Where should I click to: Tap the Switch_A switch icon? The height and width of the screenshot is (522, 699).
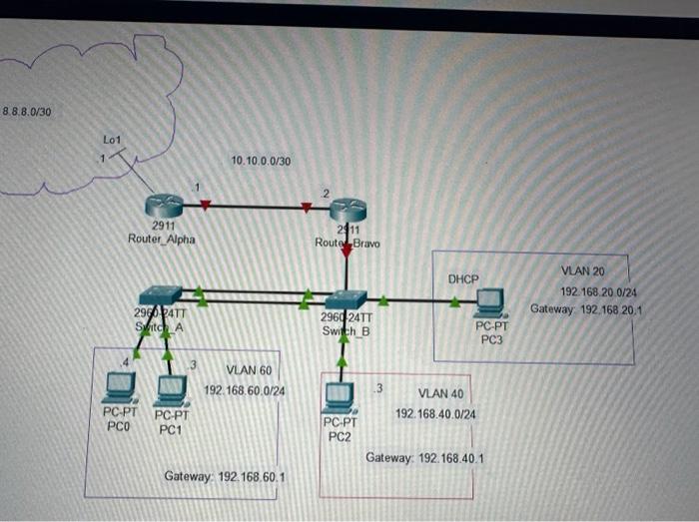coord(161,295)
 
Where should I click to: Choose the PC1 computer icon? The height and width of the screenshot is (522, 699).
coord(171,388)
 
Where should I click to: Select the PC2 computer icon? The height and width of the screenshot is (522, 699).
coord(339,398)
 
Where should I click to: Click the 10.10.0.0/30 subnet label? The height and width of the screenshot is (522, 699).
coord(260,161)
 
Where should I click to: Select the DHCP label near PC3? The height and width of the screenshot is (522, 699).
coord(463,278)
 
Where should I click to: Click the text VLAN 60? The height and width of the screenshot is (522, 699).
coord(249,371)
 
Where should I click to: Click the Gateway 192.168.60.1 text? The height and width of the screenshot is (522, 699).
coord(225,477)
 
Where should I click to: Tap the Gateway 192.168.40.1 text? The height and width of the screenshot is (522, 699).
coord(424,457)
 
